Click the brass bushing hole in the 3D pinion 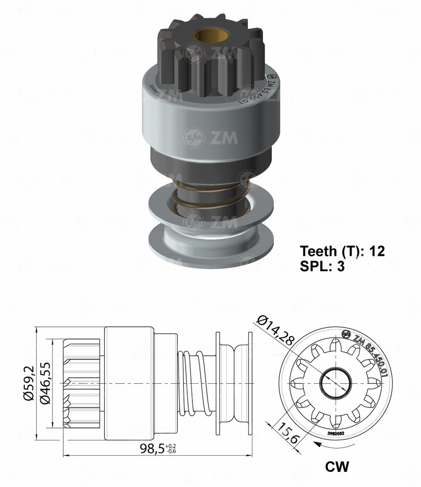coord(204,37)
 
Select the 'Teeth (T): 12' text coord(342,251)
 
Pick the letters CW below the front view coord(337,467)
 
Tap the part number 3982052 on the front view coord(336,434)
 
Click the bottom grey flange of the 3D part coord(211,245)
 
